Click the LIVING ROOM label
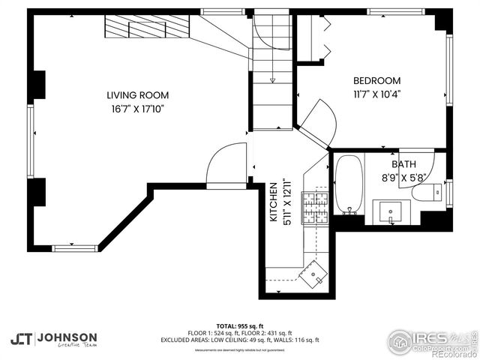(137, 95)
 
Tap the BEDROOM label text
(376, 81)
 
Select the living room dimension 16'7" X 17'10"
(137, 109)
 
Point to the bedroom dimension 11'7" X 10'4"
(376, 94)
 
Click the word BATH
(403, 164)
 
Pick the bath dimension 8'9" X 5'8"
(403, 178)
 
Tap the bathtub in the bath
(347, 184)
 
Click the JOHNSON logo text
(67, 337)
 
